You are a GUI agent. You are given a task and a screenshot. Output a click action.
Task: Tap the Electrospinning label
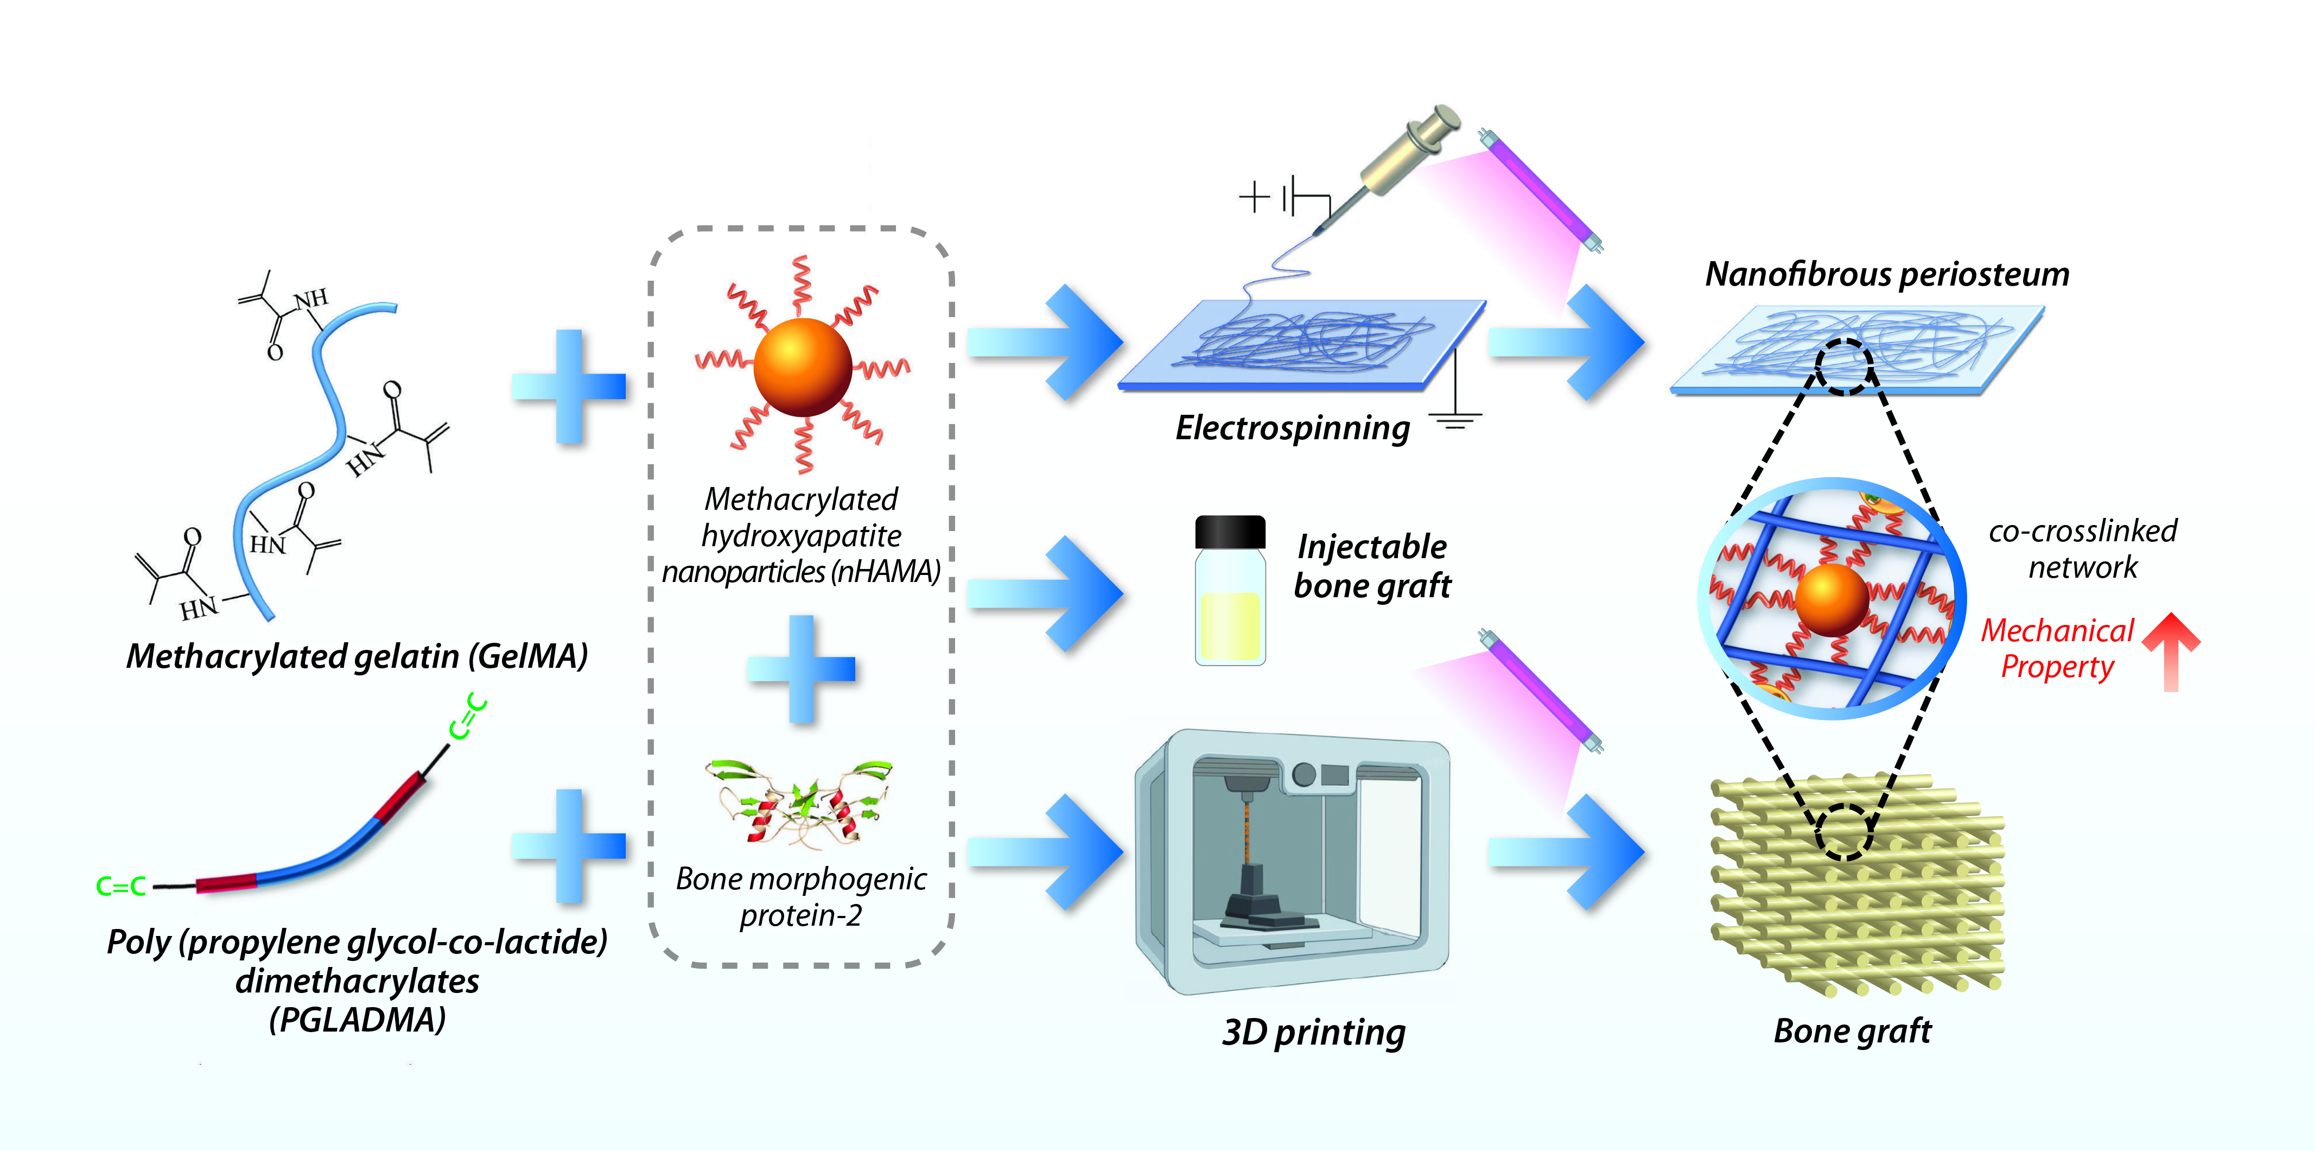tap(1292, 428)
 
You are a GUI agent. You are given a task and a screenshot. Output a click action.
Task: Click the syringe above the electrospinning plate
tap(1402, 153)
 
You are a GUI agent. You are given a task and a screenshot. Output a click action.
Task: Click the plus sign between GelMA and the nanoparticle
tap(569, 387)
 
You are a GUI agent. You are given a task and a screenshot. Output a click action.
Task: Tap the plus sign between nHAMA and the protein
tap(801, 669)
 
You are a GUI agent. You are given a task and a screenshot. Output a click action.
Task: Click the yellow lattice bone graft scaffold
tap(1856, 886)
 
